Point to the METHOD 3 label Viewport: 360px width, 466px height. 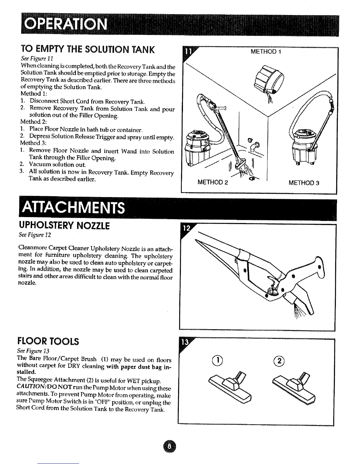click(304, 183)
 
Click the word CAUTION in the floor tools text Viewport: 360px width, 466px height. click(29, 388)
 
